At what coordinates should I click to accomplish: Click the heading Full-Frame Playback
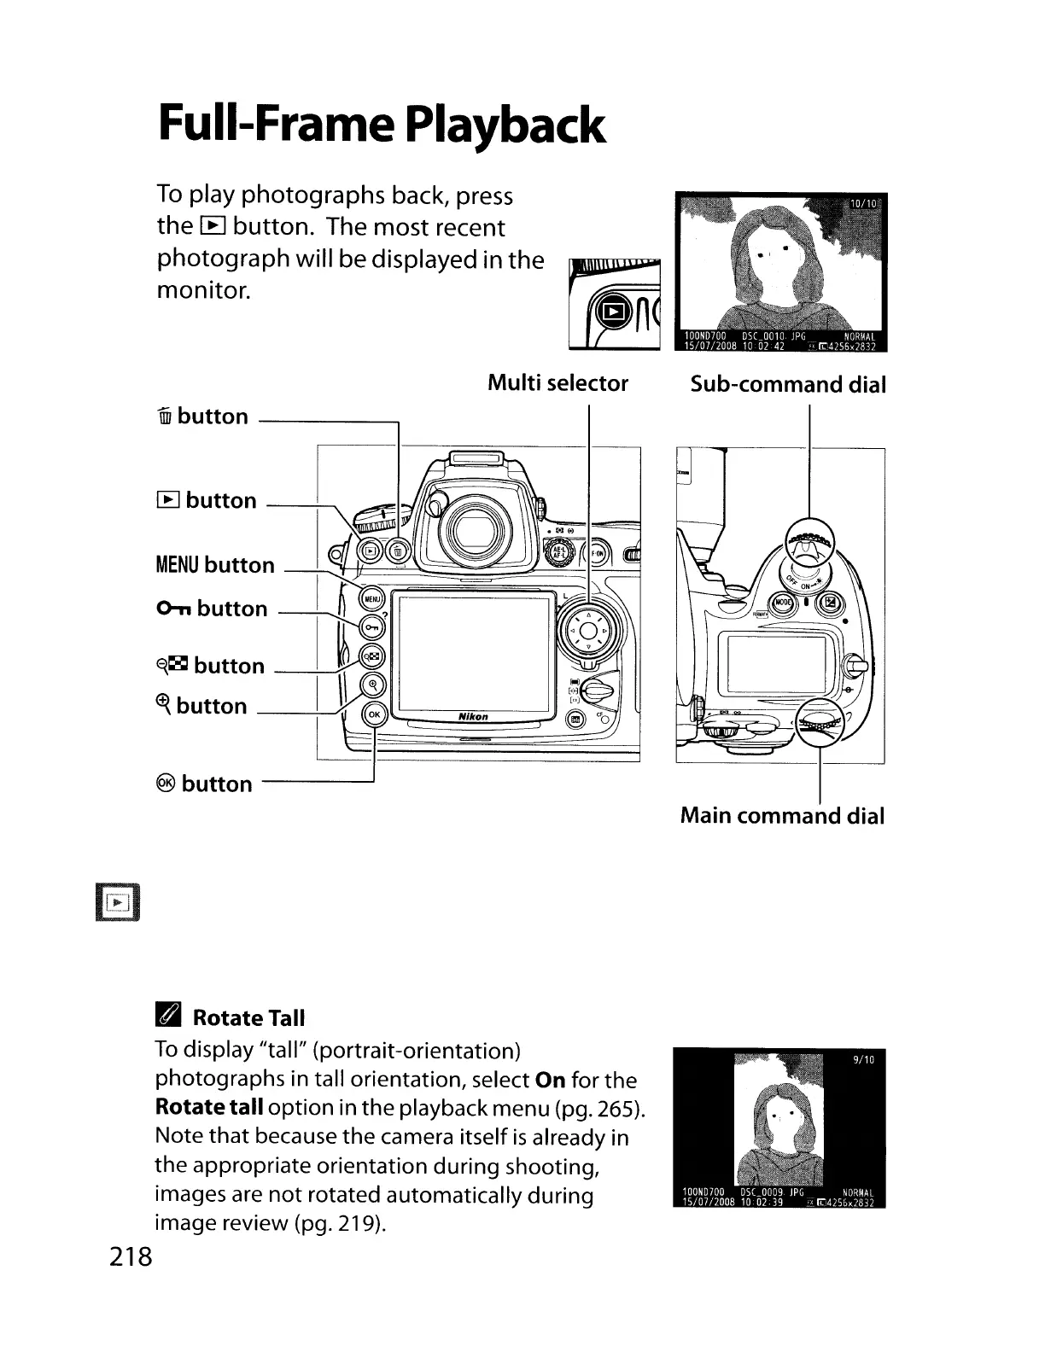point(382,125)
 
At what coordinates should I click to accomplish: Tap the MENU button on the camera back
point(371,598)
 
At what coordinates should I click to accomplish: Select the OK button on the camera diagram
point(375,714)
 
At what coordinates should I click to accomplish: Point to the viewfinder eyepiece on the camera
point(470,532)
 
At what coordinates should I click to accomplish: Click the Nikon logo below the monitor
point(473,717)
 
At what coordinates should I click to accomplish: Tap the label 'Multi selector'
point(558,383)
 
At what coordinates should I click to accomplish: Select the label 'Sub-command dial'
point(788,384)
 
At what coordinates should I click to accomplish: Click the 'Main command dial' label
point(782,816)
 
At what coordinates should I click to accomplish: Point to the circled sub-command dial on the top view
point(808,542)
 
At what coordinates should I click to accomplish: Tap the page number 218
point(131,1257)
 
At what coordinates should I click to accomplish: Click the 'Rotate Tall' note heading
point(248,1018)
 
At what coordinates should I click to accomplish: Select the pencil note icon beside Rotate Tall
point(168,1017)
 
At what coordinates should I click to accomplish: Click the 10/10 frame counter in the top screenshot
point(863,204)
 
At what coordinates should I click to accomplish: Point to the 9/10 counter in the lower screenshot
point(865,1060)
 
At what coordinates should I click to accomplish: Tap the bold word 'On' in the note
point(550,1080)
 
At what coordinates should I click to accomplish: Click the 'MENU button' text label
point(215,565)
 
